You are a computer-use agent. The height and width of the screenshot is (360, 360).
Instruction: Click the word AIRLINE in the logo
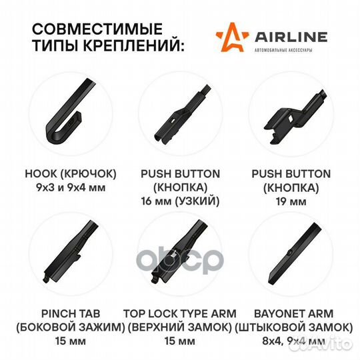coord(291,37)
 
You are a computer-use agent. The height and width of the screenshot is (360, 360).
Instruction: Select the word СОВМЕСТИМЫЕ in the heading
coord(97,29)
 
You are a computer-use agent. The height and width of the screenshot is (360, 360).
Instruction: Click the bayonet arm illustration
coord(295,254)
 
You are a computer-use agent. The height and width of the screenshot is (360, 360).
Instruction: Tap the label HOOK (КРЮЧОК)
coord(71,174)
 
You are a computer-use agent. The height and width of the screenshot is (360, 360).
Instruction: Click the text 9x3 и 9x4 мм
coord(71,188)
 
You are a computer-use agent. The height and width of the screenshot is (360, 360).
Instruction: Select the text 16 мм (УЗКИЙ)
coord(180,201)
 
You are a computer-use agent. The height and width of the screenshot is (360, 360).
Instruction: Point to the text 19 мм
coord(291,202)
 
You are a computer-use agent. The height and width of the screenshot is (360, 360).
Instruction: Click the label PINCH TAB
coord(71,313)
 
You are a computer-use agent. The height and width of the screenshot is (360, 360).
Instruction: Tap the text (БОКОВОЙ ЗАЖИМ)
coord(71,327)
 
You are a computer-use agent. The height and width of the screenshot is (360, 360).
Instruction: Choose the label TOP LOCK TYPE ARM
coord(180,313)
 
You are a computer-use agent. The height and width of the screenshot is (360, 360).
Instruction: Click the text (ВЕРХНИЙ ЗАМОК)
coord(180,327)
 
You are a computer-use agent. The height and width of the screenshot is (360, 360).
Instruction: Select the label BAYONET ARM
coord(293,313)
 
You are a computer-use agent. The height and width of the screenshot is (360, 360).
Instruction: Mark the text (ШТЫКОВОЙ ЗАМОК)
coord(293,327)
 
